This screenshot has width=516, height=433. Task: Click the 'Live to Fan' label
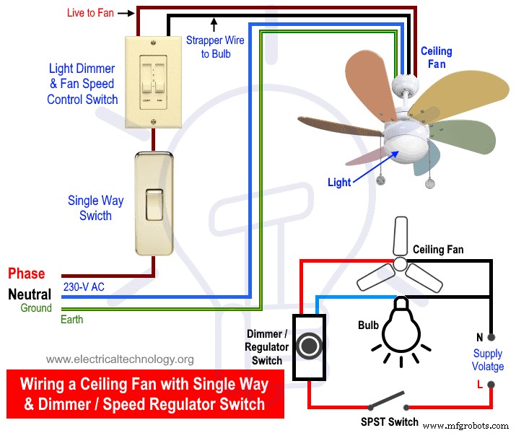point(89,12)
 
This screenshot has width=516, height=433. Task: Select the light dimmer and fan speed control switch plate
point(153,82)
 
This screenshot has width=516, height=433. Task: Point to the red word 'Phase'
point(27,274)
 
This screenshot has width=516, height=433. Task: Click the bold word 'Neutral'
point(30,294)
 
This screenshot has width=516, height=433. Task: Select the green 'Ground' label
point(36,308)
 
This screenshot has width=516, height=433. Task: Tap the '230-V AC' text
point(84,287)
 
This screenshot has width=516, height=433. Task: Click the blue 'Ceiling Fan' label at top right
point(437,58)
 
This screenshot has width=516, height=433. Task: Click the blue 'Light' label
point(339,183)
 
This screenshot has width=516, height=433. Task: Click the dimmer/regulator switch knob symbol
point(309,346)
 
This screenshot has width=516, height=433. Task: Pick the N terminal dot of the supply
point(491,337)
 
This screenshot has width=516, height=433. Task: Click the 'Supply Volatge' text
point(488,360)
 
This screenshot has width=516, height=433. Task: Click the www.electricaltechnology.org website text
point(120,359)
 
